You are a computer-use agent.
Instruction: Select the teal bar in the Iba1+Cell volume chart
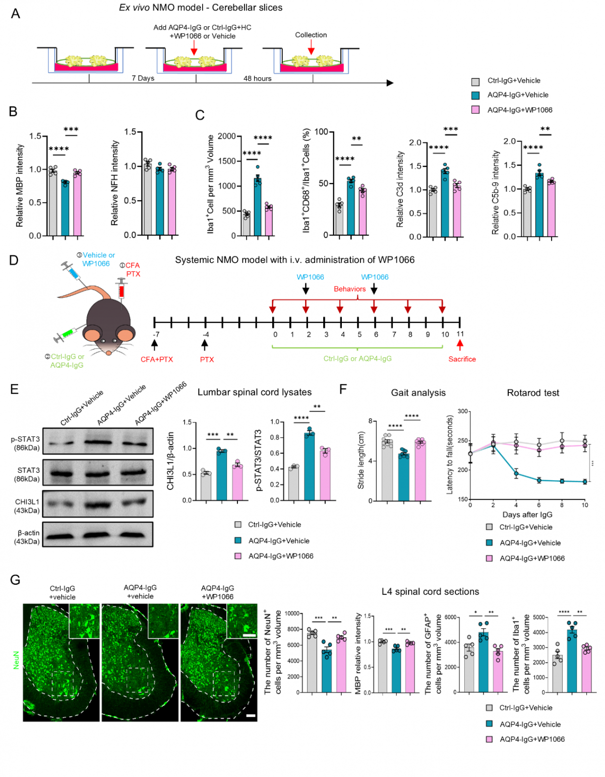coord(258,207)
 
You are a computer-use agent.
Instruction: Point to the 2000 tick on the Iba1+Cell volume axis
coord(227,136)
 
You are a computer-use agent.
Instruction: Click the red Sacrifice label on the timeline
coord(462,359)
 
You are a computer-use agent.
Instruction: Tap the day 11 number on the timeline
coord(460,334)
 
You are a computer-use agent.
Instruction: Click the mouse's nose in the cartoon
coord(109,353)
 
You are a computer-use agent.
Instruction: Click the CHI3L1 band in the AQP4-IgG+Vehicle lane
coord(98,505)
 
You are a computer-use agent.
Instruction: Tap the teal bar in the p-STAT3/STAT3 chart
coord(309,466)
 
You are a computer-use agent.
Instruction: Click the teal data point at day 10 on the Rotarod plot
coord(585,482)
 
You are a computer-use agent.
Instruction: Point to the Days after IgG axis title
coord(527,515)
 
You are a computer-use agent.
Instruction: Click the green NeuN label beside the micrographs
coord(16,660)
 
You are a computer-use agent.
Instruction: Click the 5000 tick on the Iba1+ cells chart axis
coord(539,618)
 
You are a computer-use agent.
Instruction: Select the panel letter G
coord(15,580)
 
